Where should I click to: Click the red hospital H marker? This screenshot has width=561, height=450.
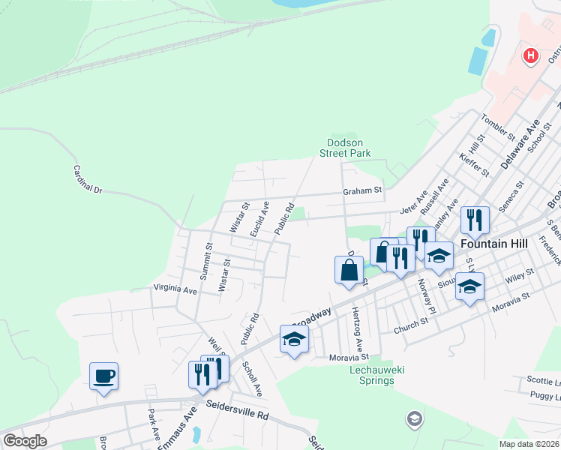pos(531,55)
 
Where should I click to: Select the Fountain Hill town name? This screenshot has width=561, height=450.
pos(496,244)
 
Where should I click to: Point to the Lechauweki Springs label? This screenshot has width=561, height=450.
pos(372,376)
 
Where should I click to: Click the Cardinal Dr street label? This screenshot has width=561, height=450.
pos(87,181)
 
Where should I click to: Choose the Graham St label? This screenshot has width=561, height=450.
pos(363,190)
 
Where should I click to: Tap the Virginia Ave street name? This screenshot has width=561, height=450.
pos(175,289)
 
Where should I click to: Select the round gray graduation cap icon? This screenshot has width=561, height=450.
pos(413,419)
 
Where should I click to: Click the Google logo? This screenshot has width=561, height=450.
pos(25,441)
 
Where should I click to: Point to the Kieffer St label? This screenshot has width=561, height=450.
pos(475,168)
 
